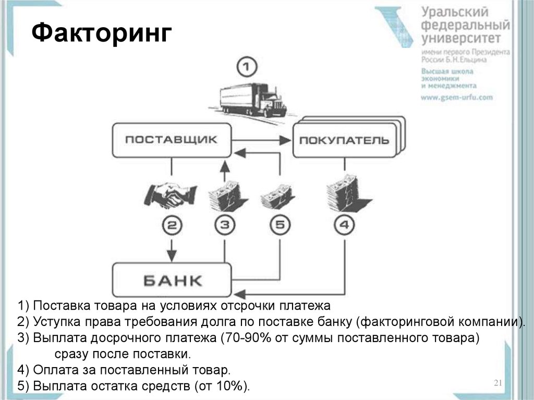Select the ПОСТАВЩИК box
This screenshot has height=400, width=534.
[172, 140]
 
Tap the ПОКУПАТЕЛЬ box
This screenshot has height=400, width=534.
[345, 140]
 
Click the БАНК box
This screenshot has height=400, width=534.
[172, 280]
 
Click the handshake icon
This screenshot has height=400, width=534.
[171, 196]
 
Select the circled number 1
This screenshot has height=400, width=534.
[247, 66]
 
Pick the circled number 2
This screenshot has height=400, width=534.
[172, 225]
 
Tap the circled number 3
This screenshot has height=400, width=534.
[225, 225]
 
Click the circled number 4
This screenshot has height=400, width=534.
[344, 225]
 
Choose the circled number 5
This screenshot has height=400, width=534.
[280, 225]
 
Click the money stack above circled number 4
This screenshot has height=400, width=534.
[347, 193]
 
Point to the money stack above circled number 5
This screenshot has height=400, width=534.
[277, 197]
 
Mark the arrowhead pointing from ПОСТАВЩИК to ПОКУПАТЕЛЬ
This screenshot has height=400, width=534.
[285, 140]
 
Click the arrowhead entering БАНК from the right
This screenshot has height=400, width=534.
[238, 294]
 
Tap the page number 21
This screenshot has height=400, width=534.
[498, 383]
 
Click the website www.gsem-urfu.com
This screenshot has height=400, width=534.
[457, 98]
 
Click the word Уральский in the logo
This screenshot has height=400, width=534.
[455, 13]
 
